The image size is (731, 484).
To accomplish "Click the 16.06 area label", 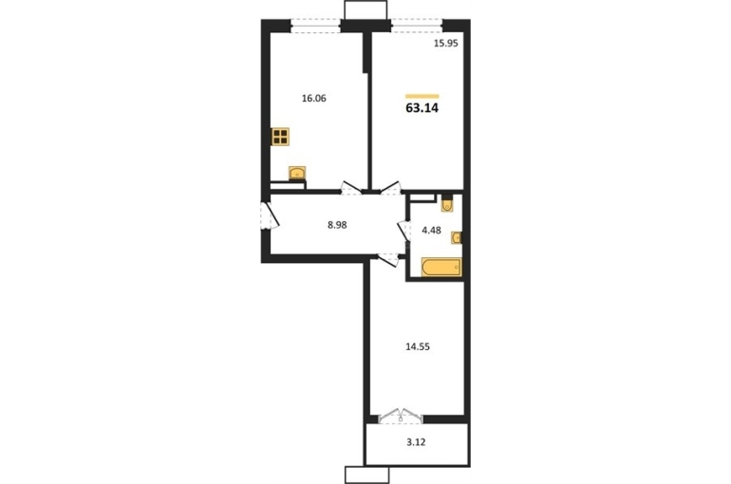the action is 313,99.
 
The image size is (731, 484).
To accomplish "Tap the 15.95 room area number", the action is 446,44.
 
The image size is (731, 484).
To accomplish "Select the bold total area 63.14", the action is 422,108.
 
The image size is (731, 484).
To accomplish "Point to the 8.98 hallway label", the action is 337,225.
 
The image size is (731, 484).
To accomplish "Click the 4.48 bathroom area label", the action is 431,230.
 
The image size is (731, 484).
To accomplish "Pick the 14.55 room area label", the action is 418,346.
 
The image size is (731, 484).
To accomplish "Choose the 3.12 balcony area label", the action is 416,442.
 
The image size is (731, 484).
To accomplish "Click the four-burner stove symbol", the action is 280,137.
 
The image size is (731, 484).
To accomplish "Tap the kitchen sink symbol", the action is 297,173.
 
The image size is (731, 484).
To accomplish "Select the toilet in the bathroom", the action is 447,204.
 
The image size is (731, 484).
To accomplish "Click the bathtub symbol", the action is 441,268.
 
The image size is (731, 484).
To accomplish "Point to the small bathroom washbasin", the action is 457,238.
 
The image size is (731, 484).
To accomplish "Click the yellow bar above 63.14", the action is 422,97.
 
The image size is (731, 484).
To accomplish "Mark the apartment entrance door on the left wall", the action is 270,215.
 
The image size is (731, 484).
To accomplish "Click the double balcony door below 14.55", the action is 401,416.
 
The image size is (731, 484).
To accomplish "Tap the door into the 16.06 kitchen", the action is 351,188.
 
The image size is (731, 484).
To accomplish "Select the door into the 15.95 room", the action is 391,188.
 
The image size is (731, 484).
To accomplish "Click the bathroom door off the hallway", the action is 403,231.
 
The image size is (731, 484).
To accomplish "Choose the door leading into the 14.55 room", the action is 388,260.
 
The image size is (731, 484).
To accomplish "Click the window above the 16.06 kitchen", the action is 315,26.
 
